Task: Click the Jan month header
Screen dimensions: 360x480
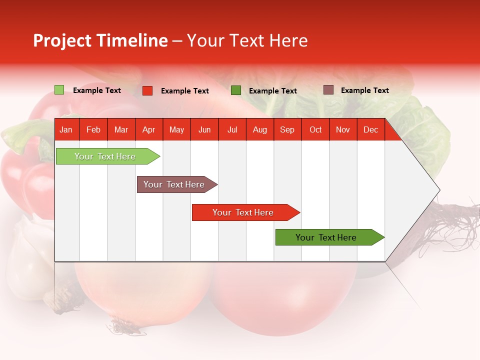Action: coord(66,130)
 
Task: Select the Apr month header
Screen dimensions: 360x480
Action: coord(148,130)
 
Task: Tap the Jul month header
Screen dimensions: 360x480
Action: coord(232,130)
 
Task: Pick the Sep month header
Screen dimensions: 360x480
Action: coord(287,130)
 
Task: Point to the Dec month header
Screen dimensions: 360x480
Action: coord(370,130)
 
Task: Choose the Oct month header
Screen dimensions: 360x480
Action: coord(315,130)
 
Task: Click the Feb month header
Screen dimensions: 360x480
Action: coord(93,130)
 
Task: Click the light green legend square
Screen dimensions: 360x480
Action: coord(59,90)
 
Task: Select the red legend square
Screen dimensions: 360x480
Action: coord(147,90)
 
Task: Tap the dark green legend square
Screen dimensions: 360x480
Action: coord(236,90)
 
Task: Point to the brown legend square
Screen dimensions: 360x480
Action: coord(328,90)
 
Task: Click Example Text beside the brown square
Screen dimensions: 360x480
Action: coord(364,90)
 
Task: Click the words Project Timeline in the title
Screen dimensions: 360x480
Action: coord(100,40)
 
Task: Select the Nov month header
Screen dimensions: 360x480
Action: coord(343,130)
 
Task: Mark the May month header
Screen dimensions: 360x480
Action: coord(176,130)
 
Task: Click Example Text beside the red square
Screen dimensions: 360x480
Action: coord(184,91)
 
